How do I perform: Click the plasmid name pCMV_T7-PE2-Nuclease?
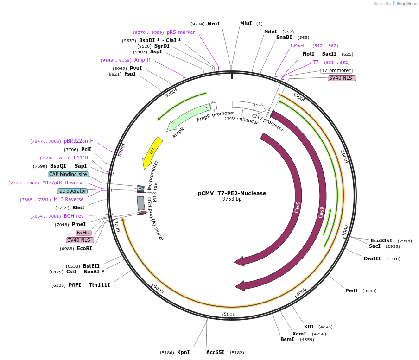pyautogui.click(x=232, y=193)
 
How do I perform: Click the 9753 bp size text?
pyautogui.click(x=232, y=199)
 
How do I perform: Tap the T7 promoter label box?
pyautogui.click(x=336, y=71)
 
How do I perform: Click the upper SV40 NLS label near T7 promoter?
pyautogui.click(x=342, y=78)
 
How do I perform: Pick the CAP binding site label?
pyautogui.click(x=68, y=174)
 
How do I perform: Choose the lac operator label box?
pyautogui.click(x=72, y=191)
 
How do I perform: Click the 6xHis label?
pyautogui.click(x=84, y=233)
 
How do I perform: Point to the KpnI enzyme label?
pyautogui.click(x=183, y=353)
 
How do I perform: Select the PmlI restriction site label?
pyautogui.click(x=351, y=291)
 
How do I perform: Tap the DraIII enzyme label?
pyautogui.click(x=372, y=259)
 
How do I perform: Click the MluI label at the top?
pyautogui.click(x=246, y=23)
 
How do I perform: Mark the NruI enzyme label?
pyautogui.click(x=214, y=24)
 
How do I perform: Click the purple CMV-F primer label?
pyautogui.click(x=298, y=45)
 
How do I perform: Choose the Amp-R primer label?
pyautogui.click(x=142, y=60)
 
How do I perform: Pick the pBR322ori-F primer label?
pyautogui.click(x=78, y=141)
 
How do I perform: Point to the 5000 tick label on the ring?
pyautogui.click(x=230, y=315)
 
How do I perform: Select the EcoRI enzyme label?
pyautogui.click(x=84, y=248)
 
